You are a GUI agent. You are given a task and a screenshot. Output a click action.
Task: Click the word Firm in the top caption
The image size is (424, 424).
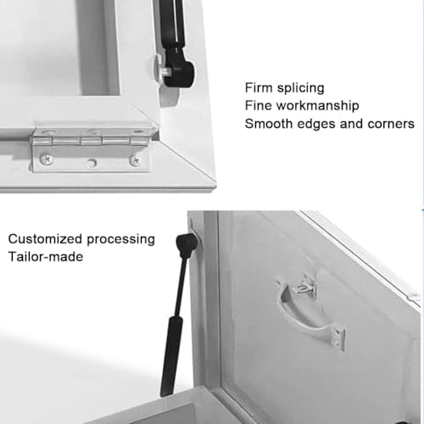(x=259, y=87)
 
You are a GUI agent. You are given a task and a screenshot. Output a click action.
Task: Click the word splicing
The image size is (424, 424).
(x=301, y=87)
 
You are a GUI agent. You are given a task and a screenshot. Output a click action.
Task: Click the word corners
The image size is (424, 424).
(x=389, y=124)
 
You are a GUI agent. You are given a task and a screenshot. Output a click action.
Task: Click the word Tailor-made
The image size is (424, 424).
(x=46, y=257)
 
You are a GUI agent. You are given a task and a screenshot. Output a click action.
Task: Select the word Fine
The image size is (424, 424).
(x=259, y=106)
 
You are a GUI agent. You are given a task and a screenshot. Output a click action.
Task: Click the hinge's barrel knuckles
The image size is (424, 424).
(x=93, y=135)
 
